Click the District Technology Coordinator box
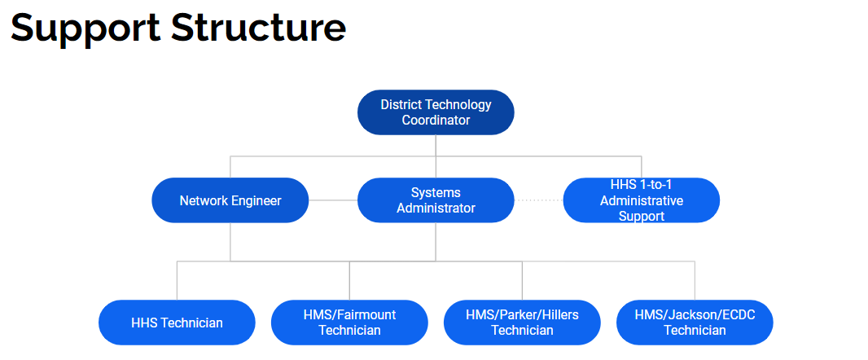tap(436, 112)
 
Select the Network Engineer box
tap(230, 200)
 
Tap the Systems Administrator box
tap(436, 200)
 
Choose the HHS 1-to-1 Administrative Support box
tap(642, 200)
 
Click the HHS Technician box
tap(177, 323)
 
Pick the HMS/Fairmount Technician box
tap(349, 323)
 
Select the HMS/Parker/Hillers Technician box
tap(522, 323)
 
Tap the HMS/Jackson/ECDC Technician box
tap(695, 323)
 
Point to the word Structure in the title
tap(259, 28)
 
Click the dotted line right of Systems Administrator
tap(538, 200)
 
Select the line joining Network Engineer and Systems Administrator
tap(333, 200)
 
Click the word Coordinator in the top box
tap(436, 120)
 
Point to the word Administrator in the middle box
tap(436, 208)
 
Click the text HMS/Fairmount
tap(349, 314)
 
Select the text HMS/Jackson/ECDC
tap(695, 314)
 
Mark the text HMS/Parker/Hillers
tap(522, 314)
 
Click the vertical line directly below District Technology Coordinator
tap(436, 145)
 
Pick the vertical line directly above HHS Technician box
tap(177, 281)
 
